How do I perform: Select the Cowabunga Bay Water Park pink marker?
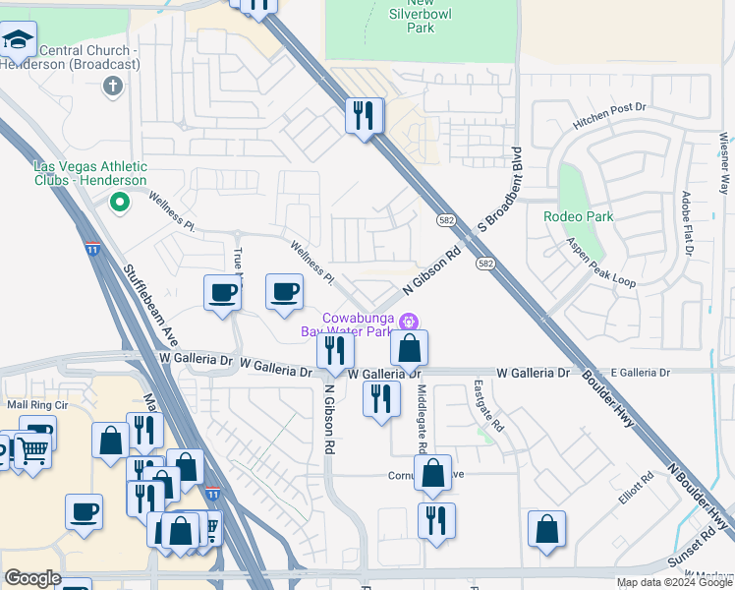(411, 321)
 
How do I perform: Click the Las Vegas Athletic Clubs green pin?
(120, 204)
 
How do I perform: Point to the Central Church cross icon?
(112, 87)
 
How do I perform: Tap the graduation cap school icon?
(17, 39)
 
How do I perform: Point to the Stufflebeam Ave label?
(149, 304)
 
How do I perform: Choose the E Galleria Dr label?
(640, 373)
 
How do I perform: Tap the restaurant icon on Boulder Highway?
(364, 117)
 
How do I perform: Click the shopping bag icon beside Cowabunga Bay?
(409, 347)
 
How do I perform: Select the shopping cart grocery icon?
(32, 450)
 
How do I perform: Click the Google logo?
(32, 578)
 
